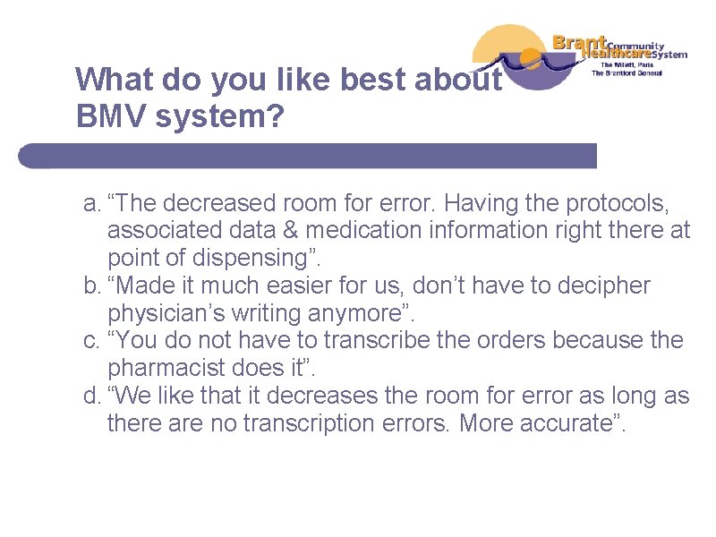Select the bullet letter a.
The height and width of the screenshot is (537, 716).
coord(89,202)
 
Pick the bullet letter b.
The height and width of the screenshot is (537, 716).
coord(89,286)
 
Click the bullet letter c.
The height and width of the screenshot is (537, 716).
coord(89,341)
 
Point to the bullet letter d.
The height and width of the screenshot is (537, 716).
coord(89,396)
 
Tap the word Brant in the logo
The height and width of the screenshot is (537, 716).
coord(579,42)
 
